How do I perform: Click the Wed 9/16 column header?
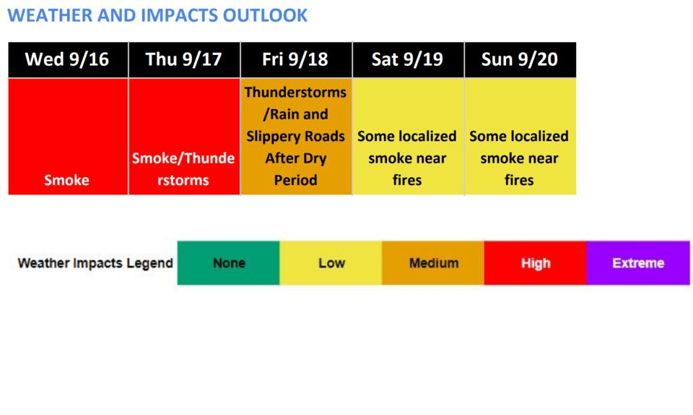[68, 60]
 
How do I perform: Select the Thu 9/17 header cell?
[184, 60]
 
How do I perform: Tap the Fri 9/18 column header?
[296, 60]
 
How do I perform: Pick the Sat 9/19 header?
[408, 60]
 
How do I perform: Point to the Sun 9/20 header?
[520, 60]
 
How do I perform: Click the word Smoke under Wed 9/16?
[66, 180]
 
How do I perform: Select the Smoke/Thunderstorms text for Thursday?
[183, 169]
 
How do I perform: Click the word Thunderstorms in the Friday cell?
[296, 92]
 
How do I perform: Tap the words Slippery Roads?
[296, 136]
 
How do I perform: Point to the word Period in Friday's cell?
[296, 180]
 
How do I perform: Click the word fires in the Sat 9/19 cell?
[407, 180]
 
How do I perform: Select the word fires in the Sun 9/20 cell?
[519, 180]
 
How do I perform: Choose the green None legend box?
[229, 262]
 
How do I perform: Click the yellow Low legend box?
[331, 262]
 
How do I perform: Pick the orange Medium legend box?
[433, 262]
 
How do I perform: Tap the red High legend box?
[535, 262]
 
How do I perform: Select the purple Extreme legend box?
[638, 262]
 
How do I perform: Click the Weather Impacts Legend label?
[95, 263]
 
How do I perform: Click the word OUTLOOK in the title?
[265, 15]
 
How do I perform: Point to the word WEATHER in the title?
[51, 15]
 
